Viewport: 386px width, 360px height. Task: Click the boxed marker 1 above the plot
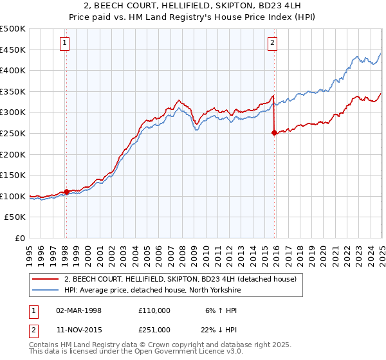[x=66, y=44]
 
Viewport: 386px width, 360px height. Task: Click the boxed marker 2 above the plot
[x=273, y=44]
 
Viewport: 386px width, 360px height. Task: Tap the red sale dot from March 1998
[x=66, y=192]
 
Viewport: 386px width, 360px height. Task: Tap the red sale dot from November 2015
[x=275, y=133]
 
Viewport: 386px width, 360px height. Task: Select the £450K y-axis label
[x=14, y=50]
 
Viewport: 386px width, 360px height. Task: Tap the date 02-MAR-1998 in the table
[x=79, y=310]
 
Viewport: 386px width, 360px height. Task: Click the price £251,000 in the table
[x=154, y=330]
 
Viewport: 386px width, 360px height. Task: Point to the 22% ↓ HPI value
[x=219, y=330]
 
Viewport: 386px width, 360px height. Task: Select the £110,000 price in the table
[x=154, y=310]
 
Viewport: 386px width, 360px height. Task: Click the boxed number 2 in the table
[x=34, y=330]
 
